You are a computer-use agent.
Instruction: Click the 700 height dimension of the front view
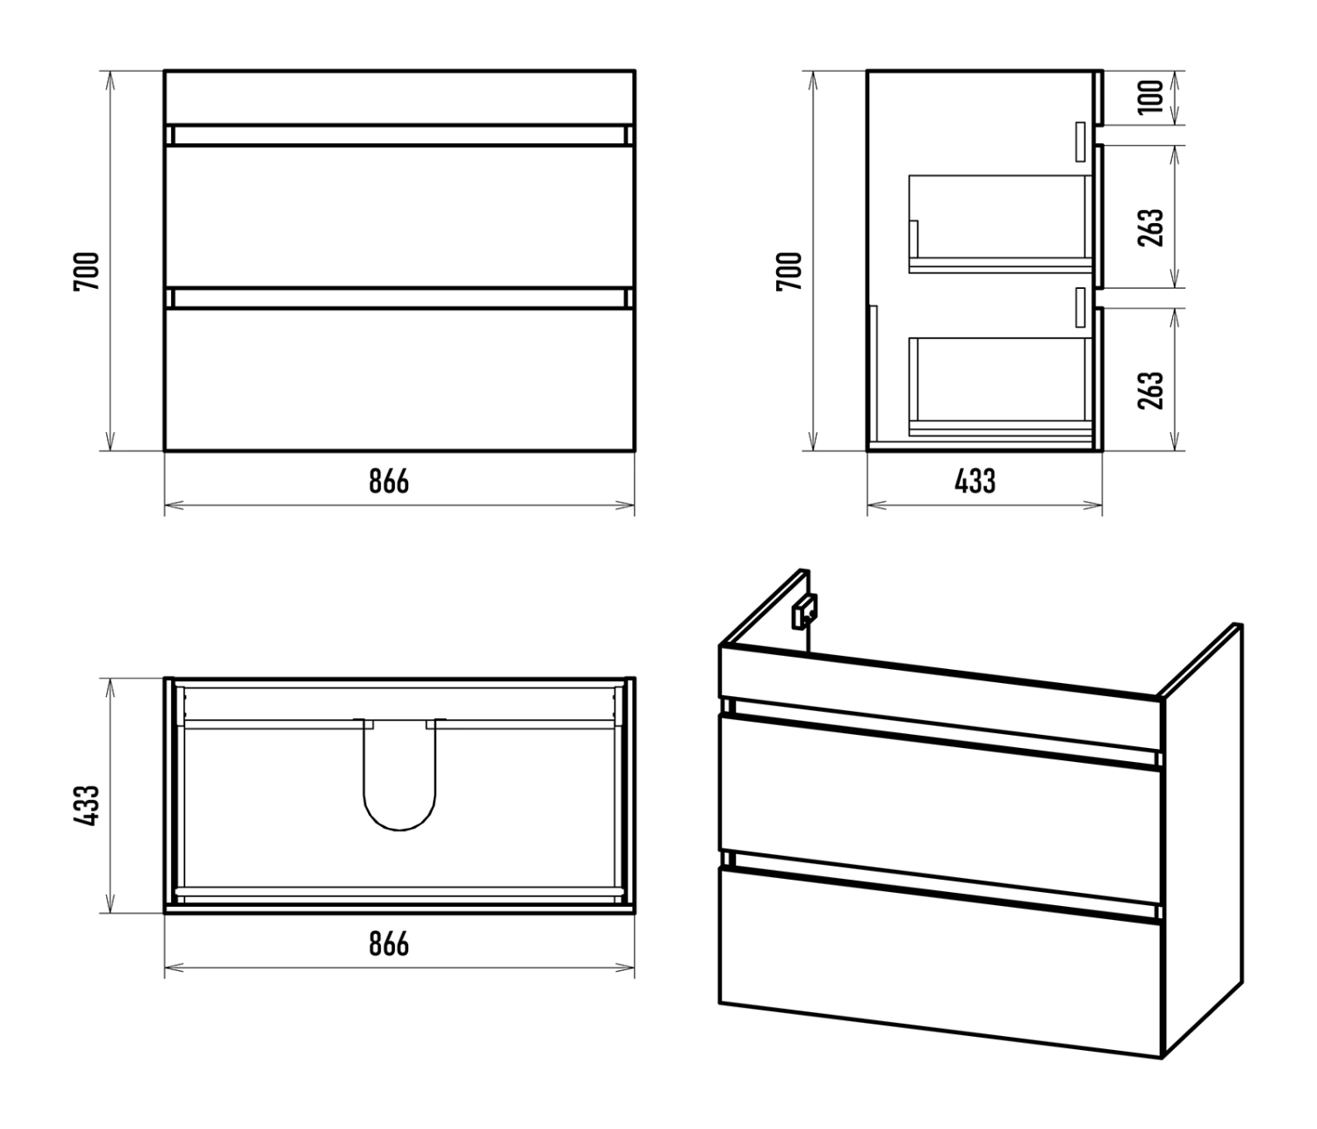tap(87, 271)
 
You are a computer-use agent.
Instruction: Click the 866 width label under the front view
tap(389, 481)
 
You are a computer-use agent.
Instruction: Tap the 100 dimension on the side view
tap(1151, 97)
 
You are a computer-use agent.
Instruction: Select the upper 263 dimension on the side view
tap(1151, 227)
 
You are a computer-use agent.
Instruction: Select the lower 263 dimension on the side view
tap(1151, 390)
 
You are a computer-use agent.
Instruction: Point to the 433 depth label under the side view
tap(975, 481)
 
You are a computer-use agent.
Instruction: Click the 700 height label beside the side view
tap(788, 271)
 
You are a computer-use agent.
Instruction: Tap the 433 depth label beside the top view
tap(87, 806)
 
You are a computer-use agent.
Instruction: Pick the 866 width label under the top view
tap(389, 944)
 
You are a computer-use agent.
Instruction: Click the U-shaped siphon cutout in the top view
tap(399, 830)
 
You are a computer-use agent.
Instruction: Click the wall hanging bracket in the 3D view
tap(805, 612)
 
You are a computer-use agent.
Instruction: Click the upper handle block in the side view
tap(1080, 141)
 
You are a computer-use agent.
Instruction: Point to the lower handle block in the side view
tap(1080, 307)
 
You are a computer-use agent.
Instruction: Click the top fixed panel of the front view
tap(399, 97)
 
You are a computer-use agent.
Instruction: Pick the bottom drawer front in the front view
tap(399, 380)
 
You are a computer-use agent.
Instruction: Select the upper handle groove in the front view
tap(399, 135)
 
